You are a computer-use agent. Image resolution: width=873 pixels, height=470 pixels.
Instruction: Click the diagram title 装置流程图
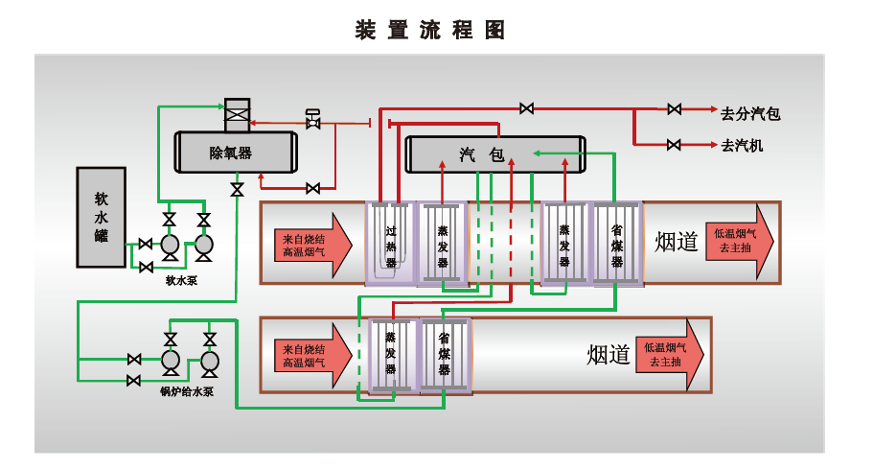click(430, 30)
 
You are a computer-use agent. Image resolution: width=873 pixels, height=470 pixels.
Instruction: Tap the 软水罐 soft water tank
click(101, 217)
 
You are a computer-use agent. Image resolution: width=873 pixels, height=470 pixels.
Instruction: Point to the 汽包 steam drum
click(494, 154)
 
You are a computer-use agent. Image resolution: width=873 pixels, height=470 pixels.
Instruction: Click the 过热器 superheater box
click(390, 244)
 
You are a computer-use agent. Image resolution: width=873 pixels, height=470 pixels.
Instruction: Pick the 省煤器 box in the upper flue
click(616, 244)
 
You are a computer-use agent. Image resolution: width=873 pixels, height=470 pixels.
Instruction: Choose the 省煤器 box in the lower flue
click(445, 356)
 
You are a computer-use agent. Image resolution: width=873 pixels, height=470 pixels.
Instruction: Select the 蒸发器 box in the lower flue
click(391, 356)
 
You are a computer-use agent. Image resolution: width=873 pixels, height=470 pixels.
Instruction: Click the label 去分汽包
click(750, 114)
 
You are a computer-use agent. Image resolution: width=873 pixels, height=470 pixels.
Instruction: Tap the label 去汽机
click(742, 146)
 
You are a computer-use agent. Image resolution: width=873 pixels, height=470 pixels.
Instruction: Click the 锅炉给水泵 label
click(186, 390)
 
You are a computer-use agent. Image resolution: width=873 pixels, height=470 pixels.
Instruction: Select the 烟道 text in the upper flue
click(677, 242)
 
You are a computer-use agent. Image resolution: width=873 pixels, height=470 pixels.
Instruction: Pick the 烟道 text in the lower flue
click(609, 356)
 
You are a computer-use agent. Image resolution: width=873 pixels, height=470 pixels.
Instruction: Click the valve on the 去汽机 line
click(674, 145)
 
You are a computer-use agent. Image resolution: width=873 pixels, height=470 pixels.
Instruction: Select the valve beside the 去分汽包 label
click(675, 108)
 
